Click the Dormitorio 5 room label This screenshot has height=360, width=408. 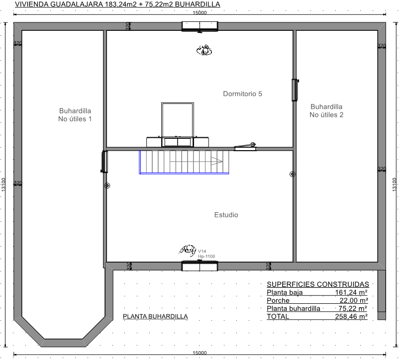(242, 93)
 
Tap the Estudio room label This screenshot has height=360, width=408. (226, 215)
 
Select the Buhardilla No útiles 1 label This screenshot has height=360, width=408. (75, 115)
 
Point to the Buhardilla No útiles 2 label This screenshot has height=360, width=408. (326, 111)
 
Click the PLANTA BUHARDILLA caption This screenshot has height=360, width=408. (155, 316)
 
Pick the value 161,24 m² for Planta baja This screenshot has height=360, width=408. (351, 292)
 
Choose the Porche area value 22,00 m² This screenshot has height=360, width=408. (354, 300)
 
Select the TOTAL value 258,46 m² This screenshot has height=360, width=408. (351, 317)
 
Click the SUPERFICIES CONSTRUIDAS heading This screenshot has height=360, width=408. (318, 284)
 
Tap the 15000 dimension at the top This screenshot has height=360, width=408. (200, 13)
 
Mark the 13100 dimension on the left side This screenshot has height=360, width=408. (3, 184)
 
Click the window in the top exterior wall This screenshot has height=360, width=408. (200, 26)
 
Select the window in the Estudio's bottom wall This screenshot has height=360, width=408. (200, 266)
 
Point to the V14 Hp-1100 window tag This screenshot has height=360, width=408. (206, 254)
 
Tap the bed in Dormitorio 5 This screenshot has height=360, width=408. (178, 125)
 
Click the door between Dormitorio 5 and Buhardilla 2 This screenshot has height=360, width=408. (295, 90)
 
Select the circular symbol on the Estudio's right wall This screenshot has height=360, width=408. (293, 174)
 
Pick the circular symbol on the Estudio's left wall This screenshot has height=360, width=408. (107, 185)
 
